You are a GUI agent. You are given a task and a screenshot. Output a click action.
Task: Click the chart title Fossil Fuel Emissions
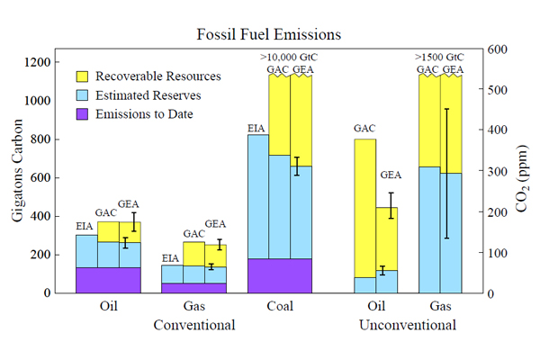(269, 35)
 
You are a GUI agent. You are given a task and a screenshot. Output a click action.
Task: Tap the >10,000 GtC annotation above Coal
(289, 58)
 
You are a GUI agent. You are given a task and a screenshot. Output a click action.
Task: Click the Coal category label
(279, 306)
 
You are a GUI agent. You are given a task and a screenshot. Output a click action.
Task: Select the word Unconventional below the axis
(408, 324)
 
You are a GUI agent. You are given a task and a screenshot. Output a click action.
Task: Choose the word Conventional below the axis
(196, 324)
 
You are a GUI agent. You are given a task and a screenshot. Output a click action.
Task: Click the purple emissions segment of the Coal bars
(279, 275)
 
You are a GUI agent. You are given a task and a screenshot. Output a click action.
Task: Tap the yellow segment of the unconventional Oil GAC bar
(365, 207)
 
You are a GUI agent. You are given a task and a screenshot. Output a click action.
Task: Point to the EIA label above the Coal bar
(257, 129)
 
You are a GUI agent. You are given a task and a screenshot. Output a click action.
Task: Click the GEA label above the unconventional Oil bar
(391, 175)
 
